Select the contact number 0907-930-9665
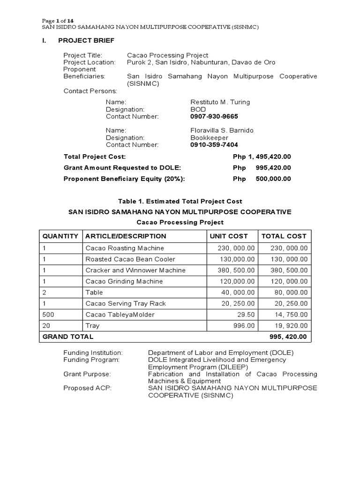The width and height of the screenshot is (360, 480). coord(214,116)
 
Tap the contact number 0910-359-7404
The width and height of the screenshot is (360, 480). coord(214,145)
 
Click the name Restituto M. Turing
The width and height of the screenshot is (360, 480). coord(220,102)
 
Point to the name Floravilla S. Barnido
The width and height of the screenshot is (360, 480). coord(222,130)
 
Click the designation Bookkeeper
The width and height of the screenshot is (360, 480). coord(209,138)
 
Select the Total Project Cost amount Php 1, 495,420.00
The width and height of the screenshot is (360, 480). coord(262,157)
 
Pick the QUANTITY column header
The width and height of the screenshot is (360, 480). coord(60,236)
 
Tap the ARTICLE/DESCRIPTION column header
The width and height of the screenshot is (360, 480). coord(126,236)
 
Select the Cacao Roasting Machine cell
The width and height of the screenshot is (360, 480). coord(125,248)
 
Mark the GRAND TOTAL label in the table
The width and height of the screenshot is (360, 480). coord(68,337)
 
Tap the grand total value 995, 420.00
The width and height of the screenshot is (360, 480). coord(288,337)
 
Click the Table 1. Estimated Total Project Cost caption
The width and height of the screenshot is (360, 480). coord(180,201)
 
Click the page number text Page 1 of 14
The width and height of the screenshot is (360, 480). coord(58,21)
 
